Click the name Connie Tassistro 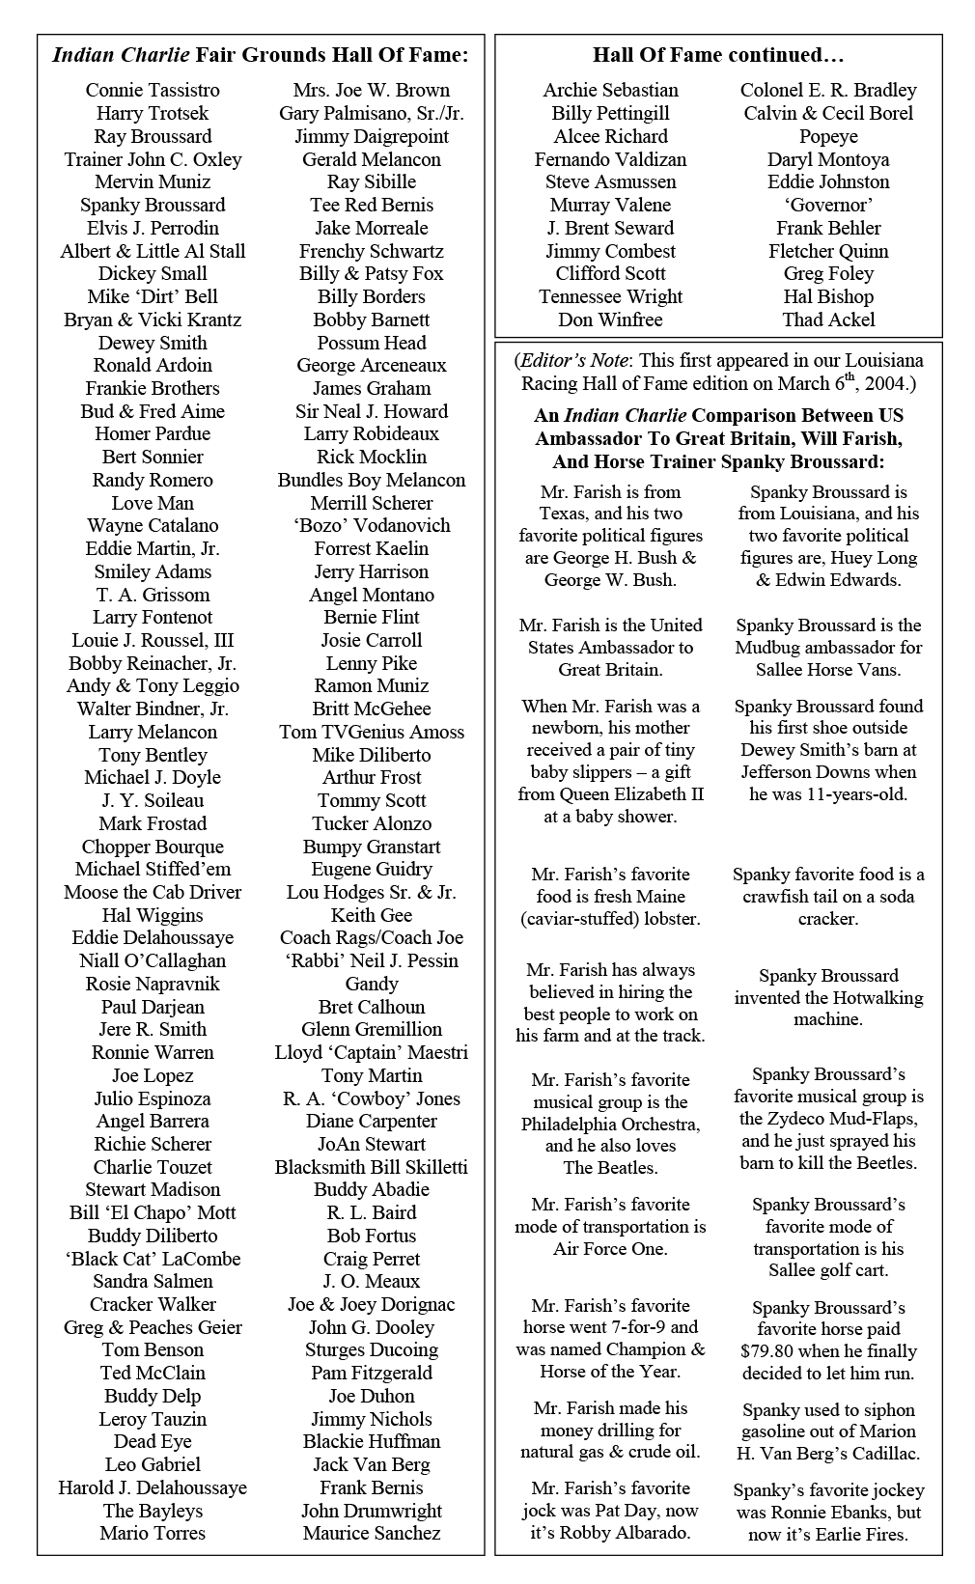coord(153,90)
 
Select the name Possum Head coord(372,343)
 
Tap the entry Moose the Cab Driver coord(153,892)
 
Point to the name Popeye coord(828,136)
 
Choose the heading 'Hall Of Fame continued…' coord(718,55)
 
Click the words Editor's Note coord(574,361)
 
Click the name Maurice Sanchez coord(372,1533)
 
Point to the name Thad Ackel coord(828,320)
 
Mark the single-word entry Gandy coord(372,984)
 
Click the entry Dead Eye coord(153,1441)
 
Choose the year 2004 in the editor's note coord(886,384)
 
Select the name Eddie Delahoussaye coord(153,937)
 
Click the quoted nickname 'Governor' coord(828,205)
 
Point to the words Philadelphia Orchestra coord(610,1125)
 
